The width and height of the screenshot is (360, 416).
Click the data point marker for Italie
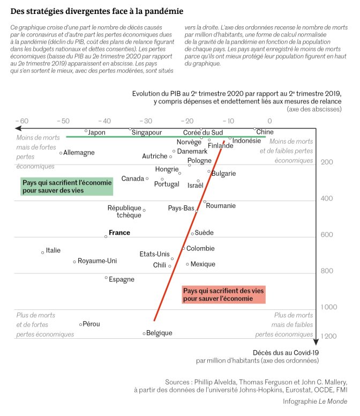(x=43, y=252)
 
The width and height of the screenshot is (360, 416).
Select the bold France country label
(x=119, y=233)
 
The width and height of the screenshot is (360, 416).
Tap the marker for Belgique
(x=144, y=333)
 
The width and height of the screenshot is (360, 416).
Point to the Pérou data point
(x=80, y=324)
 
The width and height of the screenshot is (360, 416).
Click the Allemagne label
(x=79, y=153)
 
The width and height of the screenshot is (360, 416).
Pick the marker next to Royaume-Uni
(x=74, y=262)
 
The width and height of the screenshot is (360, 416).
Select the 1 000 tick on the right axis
(x=329, y=307)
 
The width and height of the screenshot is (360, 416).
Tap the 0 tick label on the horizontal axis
(x=269, y=121)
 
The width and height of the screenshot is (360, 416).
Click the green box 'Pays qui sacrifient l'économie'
(x=67, y=187)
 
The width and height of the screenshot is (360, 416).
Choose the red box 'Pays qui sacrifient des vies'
(x=223, y=294)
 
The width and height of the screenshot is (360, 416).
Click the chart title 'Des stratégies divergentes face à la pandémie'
(x=97, y=11)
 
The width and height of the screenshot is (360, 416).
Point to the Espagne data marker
(x=106, y=278)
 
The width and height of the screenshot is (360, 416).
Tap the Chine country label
(x=265, y=132)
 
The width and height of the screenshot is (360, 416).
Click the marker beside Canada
(x=147, y=179)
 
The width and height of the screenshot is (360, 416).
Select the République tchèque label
(x=125, y=211)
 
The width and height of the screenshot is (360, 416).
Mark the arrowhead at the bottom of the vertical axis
(x=316, y=341)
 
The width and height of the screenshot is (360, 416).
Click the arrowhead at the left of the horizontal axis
(x=18, y=129)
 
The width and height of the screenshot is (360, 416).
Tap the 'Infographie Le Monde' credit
(x=315, y=402)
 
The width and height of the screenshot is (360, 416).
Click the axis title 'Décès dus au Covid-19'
(x=286, y=353)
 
